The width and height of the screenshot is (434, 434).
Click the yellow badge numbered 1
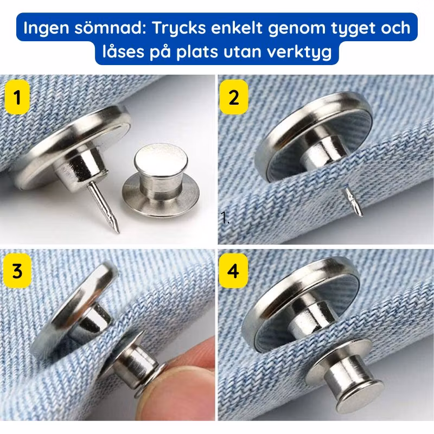click(x=17, y=97)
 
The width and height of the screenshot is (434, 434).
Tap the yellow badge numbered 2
click(x=234, y=97)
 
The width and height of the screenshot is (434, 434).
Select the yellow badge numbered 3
click(x=17, y=270)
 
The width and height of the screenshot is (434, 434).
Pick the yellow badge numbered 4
click(x=233, y=270)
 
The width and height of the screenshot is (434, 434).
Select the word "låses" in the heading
click(x=124, y=52)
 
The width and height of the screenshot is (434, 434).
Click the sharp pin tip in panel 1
click(x=118, y=232)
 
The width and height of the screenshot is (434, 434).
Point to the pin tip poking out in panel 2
click(x=360, y=214)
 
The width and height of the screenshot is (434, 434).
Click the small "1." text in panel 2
click(x=225, y=218)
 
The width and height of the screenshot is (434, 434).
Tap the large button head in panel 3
click(x=75, y=310)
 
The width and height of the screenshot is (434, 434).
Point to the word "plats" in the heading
click(x=197, y=52)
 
